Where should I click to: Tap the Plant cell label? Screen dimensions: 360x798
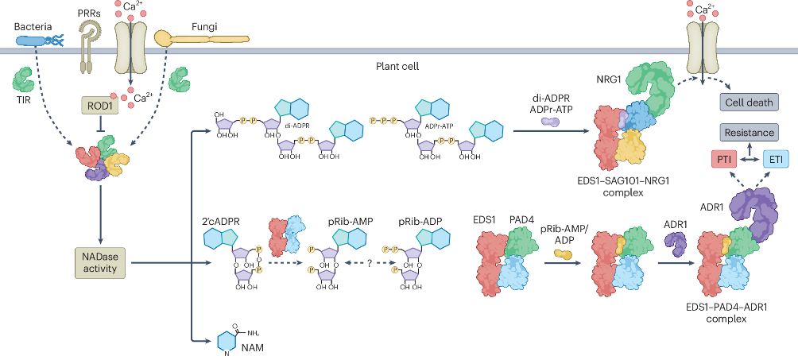[x=398, y=67]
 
